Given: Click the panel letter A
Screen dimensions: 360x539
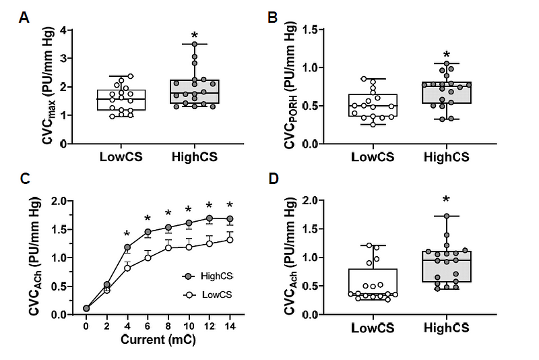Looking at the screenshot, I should tap(24, 18).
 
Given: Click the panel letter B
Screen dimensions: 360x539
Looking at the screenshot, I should tap(273, 18).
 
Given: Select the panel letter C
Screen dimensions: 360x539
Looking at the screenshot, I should tap(24, 179).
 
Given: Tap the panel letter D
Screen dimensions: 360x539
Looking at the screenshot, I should tap(273, 179).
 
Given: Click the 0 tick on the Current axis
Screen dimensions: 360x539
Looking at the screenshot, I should tap(86, 326).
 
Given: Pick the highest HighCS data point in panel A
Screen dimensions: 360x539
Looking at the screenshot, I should tap(195, 44).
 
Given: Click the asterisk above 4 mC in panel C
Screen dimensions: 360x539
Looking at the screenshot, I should tap(127, 235).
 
